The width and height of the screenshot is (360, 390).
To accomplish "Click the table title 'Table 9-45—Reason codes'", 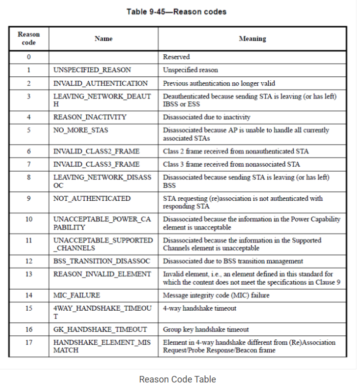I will click(x=177, y=11).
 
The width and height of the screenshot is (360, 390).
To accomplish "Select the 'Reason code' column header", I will click(x=29, y=39).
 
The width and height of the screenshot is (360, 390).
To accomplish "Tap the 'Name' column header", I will click(x=104, y=39).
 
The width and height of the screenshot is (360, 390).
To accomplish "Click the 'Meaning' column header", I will click(x=252, y=39).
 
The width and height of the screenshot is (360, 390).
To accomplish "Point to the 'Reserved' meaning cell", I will click(x=176, y=57).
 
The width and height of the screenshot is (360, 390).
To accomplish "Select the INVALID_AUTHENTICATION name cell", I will click(x=100, y=83).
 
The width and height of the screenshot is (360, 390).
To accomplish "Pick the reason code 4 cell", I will click(x=29, y=117).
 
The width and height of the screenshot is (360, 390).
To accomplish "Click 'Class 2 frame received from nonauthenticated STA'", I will click(x=236, y=151).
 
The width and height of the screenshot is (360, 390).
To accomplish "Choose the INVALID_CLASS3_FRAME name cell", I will click(x=96, y=164).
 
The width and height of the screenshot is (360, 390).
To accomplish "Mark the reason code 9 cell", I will click(x=29, y=198).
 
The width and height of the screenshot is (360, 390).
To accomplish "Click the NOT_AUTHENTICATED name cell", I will click(x=92, y=198).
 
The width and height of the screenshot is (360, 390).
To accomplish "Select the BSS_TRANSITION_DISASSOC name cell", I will click(x=102, y=261).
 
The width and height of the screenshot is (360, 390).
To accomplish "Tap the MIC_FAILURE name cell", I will click(x=77, y=295).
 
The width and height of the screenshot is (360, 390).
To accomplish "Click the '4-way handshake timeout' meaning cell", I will click(x=200, y=308).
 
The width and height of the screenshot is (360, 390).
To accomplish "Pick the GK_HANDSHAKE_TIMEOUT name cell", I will click(x=100, y=329).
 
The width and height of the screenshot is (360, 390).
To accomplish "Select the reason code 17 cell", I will click(x=29, y=342).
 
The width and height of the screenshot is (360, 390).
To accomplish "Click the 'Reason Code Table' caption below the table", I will click(x=177, y=379).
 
